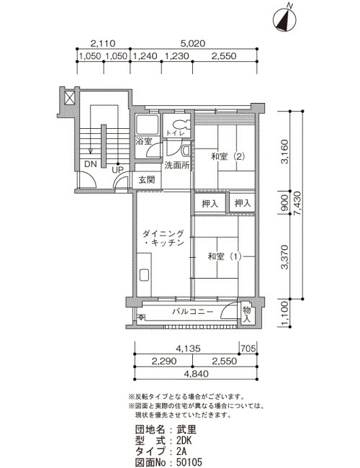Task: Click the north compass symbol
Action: (285, 19)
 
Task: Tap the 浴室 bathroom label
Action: (144, 141)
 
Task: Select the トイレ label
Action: (176, 133)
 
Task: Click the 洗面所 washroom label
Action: (177, 166)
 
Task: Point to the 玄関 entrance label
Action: (147, 180)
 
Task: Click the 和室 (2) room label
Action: (228, 157)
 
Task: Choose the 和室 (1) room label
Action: (225, 256)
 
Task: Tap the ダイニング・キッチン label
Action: (163, 238)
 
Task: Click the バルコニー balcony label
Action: (193, 312)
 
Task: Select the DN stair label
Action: (91, 164)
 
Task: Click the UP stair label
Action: (117, 170)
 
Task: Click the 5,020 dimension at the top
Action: (192, 44)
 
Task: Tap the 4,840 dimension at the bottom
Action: (196, 374)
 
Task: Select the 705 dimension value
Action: (248, 348)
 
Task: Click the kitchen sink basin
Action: (144, 275)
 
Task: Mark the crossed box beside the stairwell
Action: (69, 98)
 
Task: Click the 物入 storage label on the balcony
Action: (246, 314)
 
